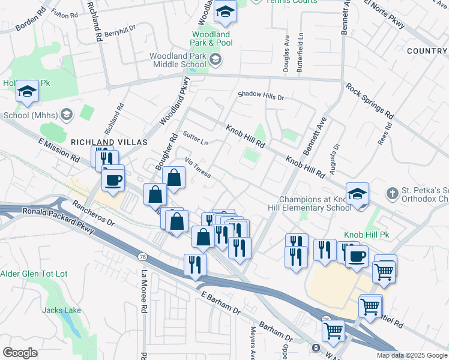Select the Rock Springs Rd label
(x=370, y=101)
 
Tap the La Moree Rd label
(x=144, y=286)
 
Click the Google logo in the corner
(x=20, y=353)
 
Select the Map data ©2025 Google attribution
(x=411, y=355)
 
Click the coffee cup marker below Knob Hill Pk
(x=357, y=256)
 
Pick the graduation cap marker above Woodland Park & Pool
(x=226, y=12)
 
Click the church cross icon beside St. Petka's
(x=392, y=193)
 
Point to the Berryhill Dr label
(x=120, y=35)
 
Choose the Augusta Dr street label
(x=336, y=154)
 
